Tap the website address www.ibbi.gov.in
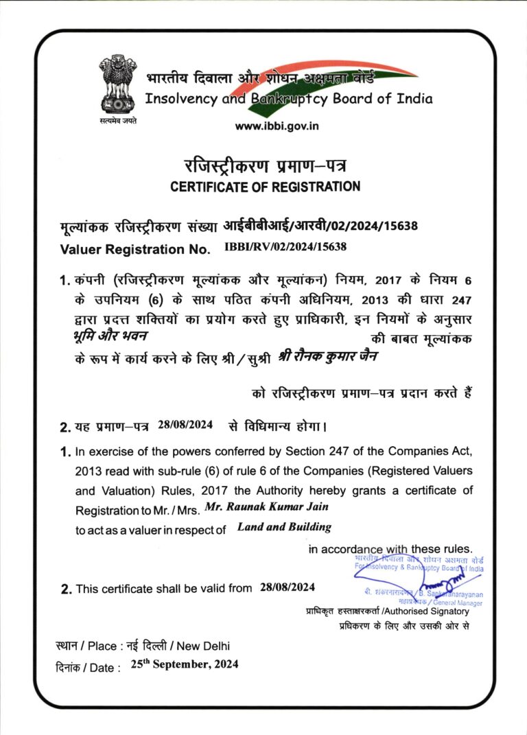tap(277, 126)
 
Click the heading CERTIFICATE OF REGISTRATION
tap(264, 186)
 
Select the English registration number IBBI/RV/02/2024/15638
tap(285, 246)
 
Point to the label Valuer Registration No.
tap(137, 248)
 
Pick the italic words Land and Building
tap(284, 527)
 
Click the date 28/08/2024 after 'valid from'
tap(288, 587)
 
